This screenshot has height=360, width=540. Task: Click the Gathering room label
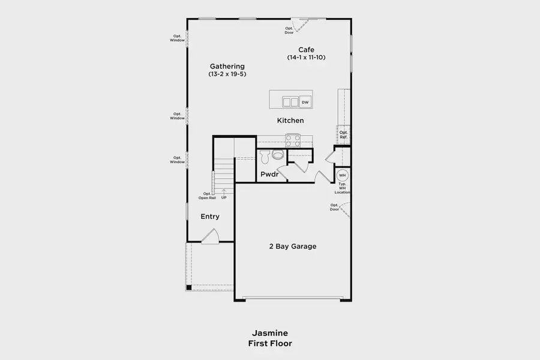pos(227,67)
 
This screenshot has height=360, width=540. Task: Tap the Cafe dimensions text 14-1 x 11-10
pos(306,58)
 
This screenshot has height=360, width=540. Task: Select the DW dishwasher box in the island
pos(305,102)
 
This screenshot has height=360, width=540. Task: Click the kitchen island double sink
pos(290,102)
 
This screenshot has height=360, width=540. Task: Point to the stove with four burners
pos(293,140)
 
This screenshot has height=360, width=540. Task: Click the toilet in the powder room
pos(265,157)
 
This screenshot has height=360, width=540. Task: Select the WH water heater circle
pos(342,175)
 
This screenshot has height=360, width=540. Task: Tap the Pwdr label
pos(269,175)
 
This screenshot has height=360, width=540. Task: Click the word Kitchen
pos(290,121)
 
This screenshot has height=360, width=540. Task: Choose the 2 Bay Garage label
pos(293,247)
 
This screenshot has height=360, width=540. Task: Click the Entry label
pos(210,217)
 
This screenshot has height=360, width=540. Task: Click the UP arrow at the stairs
pos(224,192)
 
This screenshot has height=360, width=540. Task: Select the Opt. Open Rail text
pos(207,196)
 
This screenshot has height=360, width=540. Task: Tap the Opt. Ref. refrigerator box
pos(343,134)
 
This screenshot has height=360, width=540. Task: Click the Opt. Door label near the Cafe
pos(289,31)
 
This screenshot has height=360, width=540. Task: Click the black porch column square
pos(189,287)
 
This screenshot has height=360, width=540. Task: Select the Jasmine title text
pos(270,333)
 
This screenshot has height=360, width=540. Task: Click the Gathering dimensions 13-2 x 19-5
pos(227,74)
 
